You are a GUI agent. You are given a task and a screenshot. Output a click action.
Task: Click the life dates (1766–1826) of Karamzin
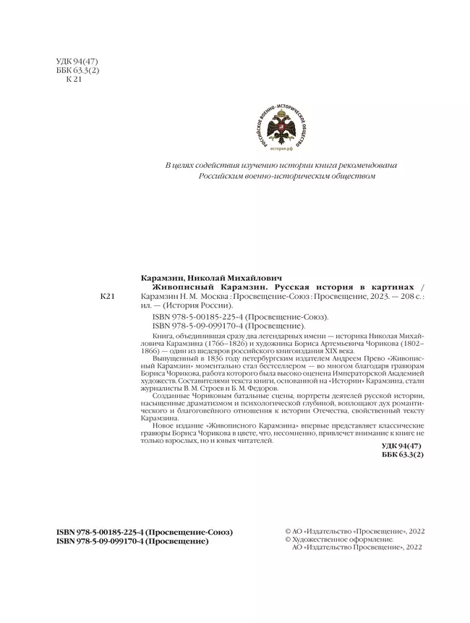213,344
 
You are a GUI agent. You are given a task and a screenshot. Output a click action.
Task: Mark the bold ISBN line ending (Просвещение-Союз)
145,532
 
